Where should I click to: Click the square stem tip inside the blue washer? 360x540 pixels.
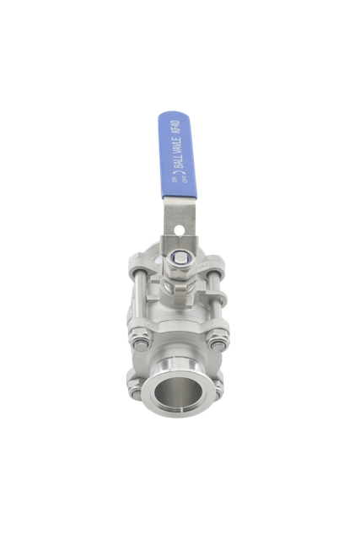[x=180, y=256]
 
